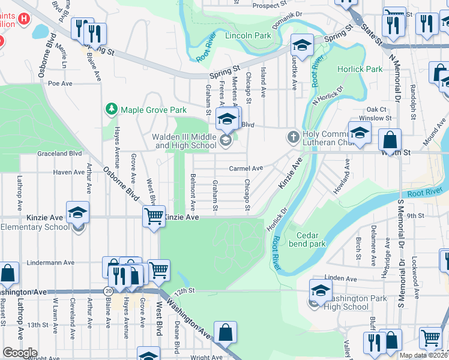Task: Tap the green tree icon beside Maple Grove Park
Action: click(x=110, y=109)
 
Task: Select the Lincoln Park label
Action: click(x=248, y=36)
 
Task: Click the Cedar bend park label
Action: click(x=307, y=240)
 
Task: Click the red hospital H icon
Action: click(x=24, y=19)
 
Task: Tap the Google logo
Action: click(x=20, y=353)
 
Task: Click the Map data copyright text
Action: click(x=423, y=355)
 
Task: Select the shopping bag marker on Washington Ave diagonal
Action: click(x=226, y=332)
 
